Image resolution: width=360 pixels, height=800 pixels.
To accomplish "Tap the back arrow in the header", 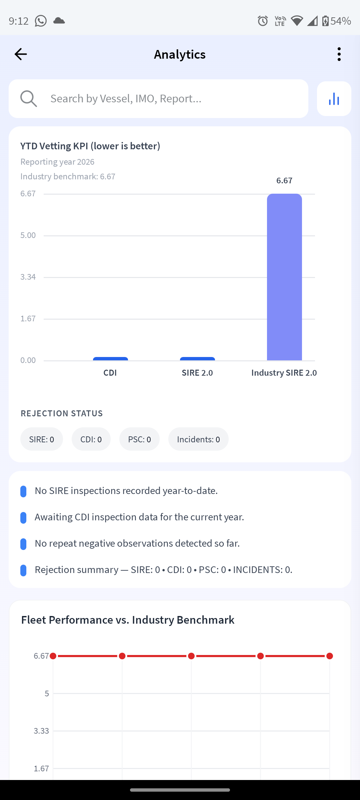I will point(21,54).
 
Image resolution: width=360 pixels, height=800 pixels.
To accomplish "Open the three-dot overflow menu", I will point(339,54).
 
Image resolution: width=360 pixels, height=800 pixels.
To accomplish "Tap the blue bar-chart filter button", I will point(334,99).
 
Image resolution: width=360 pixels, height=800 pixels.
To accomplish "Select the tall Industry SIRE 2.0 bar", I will point(284,277).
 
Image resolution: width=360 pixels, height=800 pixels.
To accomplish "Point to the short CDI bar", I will point(110,359).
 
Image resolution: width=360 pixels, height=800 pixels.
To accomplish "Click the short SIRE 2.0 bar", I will point(197,359).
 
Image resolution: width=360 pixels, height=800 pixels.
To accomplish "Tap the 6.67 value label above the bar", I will point(284,180).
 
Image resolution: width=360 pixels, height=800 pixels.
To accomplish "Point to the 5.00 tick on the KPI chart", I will point(28,235).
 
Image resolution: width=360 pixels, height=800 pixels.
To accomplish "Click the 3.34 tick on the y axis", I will point(28,277).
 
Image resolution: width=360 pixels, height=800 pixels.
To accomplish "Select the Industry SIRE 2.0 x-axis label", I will point(284,373).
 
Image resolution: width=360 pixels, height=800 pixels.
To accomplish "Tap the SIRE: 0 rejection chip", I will point(42,439).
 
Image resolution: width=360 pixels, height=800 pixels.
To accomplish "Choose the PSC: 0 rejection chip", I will point(139,439).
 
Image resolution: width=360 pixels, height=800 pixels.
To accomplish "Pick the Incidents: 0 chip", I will point(198,439).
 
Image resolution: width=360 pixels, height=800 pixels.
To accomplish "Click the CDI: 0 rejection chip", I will point(91,439).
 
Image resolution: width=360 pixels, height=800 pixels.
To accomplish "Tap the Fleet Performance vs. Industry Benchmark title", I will point(128,620).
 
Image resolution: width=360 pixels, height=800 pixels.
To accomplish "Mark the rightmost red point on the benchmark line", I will point(330,656).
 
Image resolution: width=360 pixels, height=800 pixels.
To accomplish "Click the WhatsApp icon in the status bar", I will point(41,21).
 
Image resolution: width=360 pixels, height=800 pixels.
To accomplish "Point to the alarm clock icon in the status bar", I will point(263,21).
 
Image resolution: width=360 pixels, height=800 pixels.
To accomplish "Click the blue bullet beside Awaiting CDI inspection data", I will point(23,518).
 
